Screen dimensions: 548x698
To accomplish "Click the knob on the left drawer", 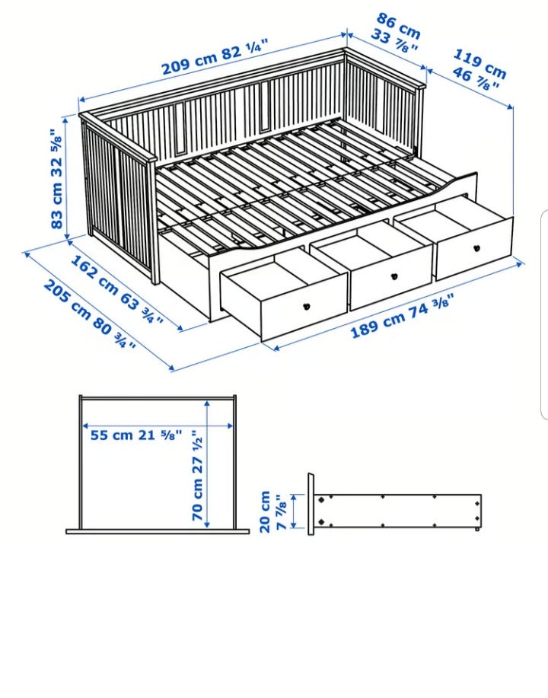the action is point(307,306).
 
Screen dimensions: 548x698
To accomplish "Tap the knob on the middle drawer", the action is point(393,276).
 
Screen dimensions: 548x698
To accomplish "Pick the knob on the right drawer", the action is point(476,248).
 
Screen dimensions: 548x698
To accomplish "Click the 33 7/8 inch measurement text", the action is point(394,40).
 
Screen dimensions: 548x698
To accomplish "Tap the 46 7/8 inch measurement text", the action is point(476,79).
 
